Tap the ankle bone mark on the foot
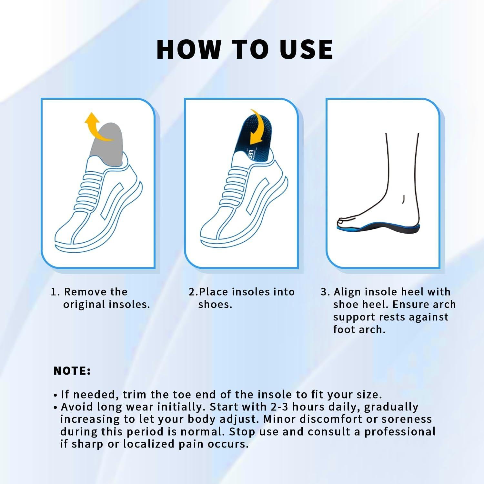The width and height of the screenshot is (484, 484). pyautogui.click(x=403, y=199)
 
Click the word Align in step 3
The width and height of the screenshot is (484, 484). pyautogui.click(x=347, y=292)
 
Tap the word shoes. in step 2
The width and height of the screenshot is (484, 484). pyautogui.click(x=215, y=304)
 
